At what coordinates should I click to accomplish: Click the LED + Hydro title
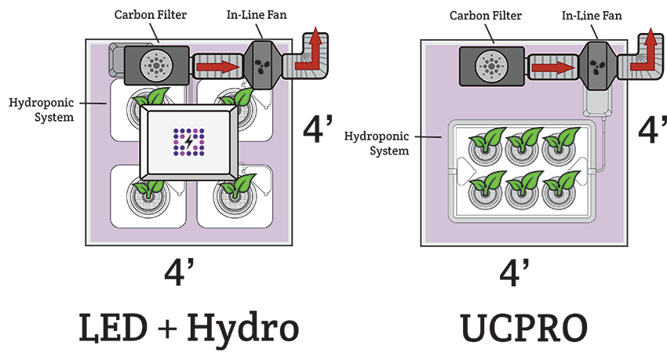(x=188, y=328)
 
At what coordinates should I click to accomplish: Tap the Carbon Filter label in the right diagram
(x=478, y=15)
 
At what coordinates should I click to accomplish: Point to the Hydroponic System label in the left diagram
(x=41, y=110)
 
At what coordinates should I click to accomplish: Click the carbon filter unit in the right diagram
(x=491, y=65)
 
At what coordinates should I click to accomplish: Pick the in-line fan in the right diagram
(x=596, y=64)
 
